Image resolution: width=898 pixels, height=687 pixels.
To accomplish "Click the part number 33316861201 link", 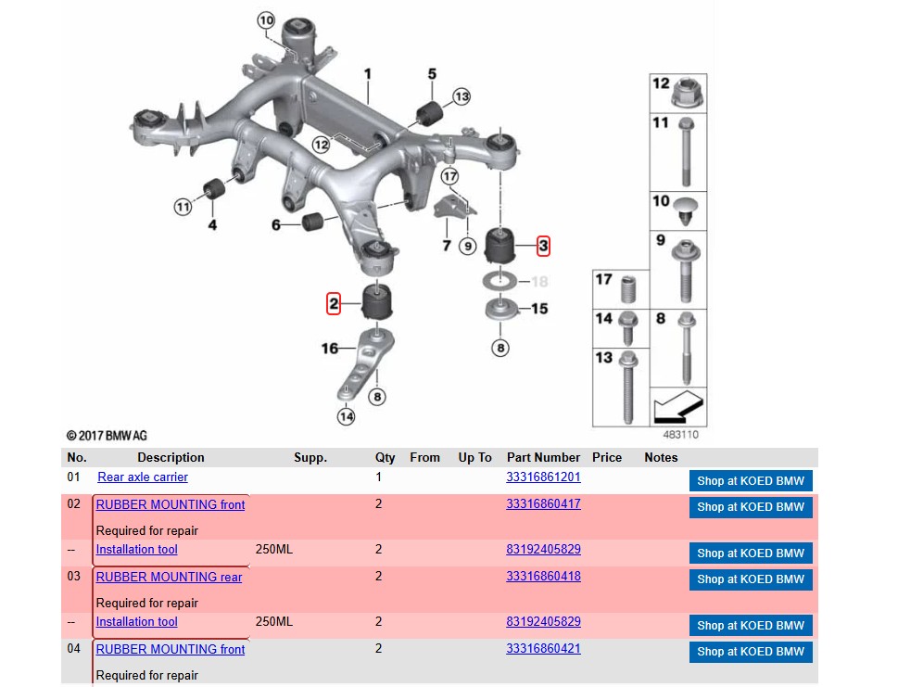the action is [543, 477].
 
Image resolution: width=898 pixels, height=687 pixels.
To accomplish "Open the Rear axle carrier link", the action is [143, 477].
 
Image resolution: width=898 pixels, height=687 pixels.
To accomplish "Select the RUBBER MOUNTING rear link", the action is [169, 577].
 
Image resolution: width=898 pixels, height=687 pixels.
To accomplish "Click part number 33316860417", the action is [543, 504].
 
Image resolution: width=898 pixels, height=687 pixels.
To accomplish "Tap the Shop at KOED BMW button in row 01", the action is [751, 481].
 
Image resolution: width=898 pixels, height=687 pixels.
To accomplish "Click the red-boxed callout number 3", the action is [543, 246].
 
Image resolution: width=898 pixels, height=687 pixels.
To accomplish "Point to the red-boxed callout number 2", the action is [334, 303].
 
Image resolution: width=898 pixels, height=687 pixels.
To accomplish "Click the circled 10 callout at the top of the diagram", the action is [266, 20].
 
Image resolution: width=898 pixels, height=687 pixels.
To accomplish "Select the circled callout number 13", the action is [462, 96].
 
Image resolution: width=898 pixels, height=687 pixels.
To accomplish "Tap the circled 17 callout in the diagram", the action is [449, 176].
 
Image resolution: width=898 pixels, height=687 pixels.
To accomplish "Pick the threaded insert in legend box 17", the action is [628, 288].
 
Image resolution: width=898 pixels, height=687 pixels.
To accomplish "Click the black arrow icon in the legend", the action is [678, 407].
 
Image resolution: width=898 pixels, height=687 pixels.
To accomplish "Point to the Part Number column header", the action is [543, 457].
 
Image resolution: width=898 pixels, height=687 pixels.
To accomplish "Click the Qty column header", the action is [385, 457].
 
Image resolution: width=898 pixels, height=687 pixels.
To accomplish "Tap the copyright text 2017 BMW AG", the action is [107, 436].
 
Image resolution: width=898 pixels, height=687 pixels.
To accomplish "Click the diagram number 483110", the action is [681, 434].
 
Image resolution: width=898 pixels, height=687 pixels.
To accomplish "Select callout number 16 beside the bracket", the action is [329, 349].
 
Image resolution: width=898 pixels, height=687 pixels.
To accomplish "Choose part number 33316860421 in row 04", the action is [543, 649].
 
